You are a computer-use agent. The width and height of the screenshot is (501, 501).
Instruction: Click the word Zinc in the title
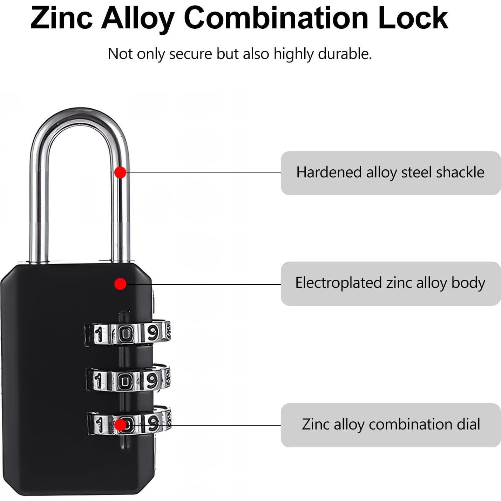[x=61, y=18]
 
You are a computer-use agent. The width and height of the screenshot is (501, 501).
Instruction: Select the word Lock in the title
[x=413, y=18]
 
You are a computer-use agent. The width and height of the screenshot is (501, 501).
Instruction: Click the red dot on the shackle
[x=120, y=172]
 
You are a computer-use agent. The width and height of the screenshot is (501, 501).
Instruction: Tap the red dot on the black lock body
[x=120, y=284]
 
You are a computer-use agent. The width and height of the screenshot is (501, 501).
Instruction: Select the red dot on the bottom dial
[x=120, y=425]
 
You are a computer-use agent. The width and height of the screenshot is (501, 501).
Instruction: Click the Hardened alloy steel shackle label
[x=391, y=173]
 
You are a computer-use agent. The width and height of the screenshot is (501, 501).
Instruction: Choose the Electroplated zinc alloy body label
[x=391, y=283]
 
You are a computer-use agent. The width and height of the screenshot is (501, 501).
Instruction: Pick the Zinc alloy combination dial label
[x=391, y=425]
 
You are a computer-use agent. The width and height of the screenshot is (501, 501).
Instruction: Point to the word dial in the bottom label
[x=468, y=425]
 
